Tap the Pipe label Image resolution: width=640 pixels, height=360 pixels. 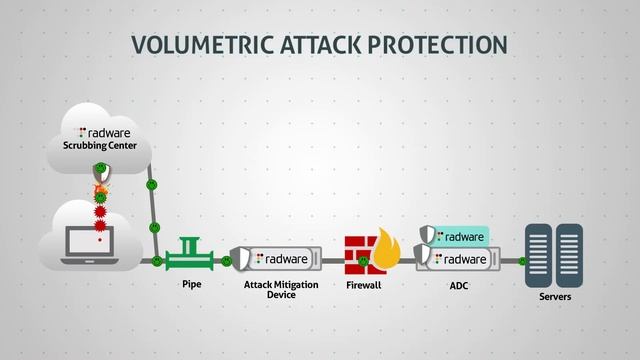(x=192, y=285)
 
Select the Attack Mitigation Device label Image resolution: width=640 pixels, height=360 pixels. (x=281, y=290)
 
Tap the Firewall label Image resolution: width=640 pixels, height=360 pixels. (x=366, y=286)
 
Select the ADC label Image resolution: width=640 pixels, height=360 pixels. (x=459, y=286)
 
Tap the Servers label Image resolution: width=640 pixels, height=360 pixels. (x=554, y=297)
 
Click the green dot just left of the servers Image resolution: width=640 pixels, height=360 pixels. (x=522, y=261)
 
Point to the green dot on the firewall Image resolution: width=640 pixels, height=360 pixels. (x=363, y=262)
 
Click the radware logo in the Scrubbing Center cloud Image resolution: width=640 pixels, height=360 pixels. (x=103, y=131)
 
